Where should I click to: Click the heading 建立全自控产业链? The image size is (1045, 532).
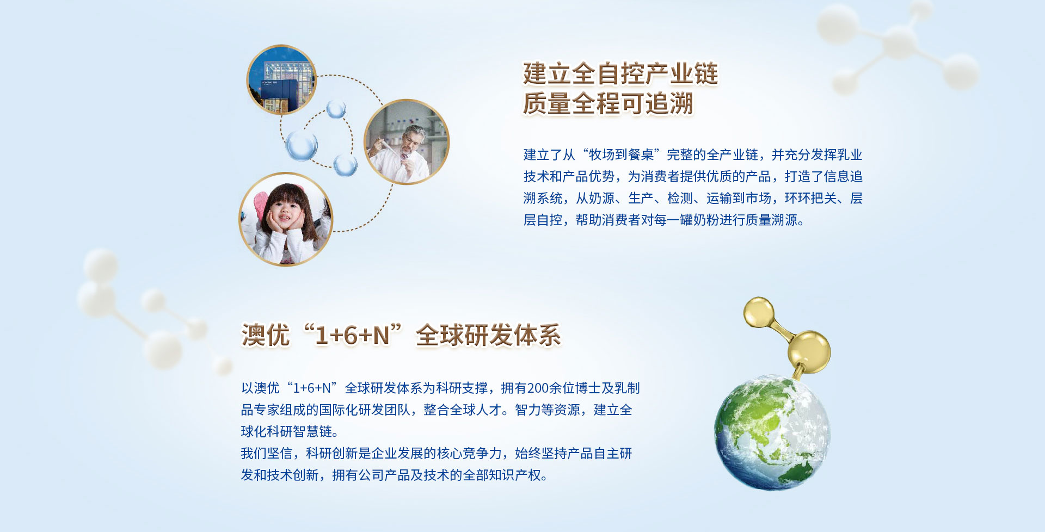620,73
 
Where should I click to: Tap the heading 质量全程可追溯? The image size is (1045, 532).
608,103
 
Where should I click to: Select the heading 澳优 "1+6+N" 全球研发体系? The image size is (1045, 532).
401,335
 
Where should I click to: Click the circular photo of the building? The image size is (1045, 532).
281,79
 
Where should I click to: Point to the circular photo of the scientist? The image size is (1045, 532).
406,141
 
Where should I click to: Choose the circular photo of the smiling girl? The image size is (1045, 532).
286,219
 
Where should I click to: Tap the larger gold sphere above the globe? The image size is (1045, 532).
809,351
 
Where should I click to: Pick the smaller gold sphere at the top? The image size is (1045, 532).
759,312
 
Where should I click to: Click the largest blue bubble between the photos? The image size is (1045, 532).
302,145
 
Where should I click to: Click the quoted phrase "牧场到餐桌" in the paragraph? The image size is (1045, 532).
622,155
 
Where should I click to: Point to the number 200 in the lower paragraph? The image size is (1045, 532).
538,388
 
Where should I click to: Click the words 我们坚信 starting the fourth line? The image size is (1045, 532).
267,453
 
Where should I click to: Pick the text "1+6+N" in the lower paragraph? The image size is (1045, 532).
312,388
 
